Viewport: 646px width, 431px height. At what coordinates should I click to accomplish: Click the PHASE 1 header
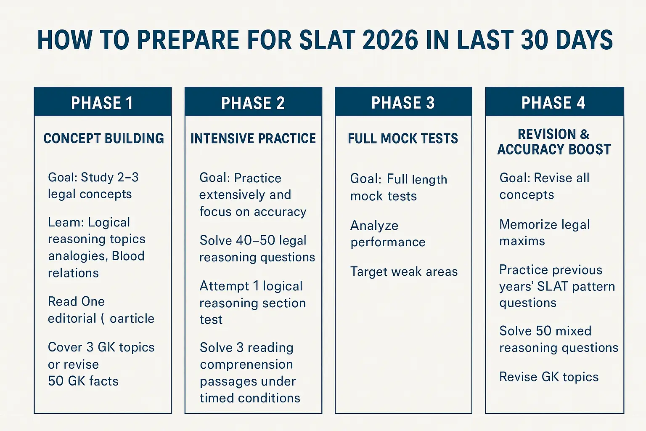[x=102, y=103]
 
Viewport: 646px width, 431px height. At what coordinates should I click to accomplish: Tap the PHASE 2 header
[x=253, y=103]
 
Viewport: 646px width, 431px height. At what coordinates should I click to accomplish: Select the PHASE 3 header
[x=403, y=103]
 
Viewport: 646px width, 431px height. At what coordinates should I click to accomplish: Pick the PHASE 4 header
[x=553, y=103]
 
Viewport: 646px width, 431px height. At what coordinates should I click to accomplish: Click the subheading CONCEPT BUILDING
[x=103, y=138]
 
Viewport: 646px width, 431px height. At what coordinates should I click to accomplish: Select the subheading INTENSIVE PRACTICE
[x=253, y=138]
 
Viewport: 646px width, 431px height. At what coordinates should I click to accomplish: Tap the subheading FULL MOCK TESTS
[x=403, y=138]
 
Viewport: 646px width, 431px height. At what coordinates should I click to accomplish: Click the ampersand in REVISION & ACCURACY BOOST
[x=585, y=134]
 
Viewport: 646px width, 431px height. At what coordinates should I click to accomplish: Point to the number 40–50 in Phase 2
[x=255, y=240]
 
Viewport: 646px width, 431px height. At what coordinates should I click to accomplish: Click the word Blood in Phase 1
[x=128, y=256]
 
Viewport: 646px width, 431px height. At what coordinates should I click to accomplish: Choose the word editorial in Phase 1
[x=72, y=319]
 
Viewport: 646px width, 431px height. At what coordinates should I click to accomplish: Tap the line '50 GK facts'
[x=83, y=381]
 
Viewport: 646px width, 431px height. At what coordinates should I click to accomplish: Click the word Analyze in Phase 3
[x=374, y=226]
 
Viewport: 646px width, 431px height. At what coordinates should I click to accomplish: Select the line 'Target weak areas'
[x=404, y=272]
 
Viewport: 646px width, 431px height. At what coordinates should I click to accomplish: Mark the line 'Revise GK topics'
[x=549, y=377]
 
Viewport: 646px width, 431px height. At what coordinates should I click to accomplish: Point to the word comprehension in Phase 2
[x=246, y=364]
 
